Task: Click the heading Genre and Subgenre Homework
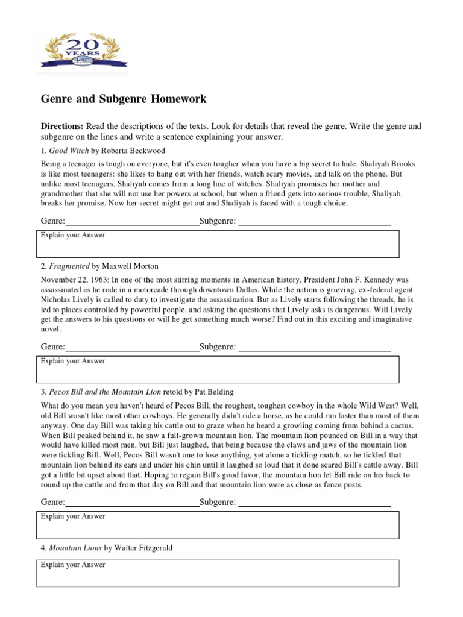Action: (123, 98)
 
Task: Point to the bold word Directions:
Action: (62, 127)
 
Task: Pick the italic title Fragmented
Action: (69, 266)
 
